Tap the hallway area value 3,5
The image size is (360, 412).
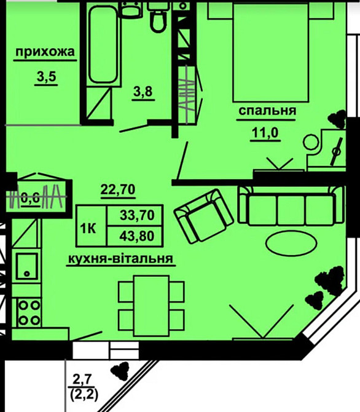(45, 79)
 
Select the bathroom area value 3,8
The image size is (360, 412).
(143, 92)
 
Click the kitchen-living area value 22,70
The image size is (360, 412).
(117, 191)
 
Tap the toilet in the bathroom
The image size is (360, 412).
(158, 18)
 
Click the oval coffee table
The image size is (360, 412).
(289, 242)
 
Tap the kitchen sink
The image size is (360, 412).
(28, 265)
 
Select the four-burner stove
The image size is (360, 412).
(29, 312)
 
